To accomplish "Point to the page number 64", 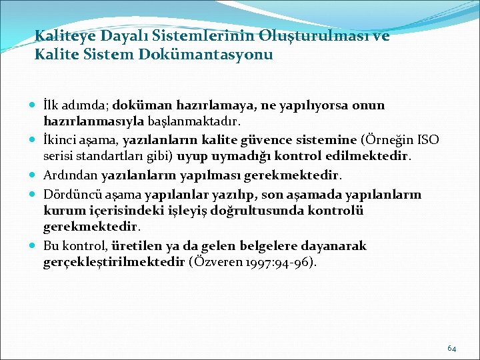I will [451, 347].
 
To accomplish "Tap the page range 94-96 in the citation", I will [294, 263].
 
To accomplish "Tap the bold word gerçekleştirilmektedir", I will [113, 263].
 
